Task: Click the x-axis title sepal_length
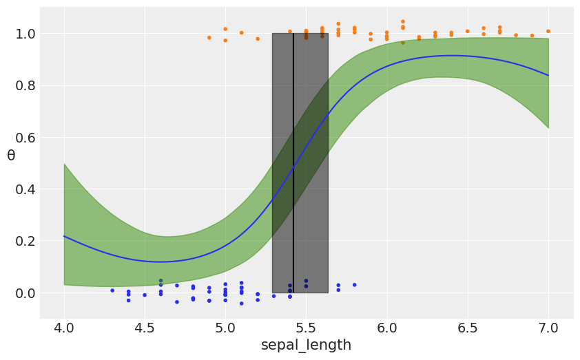click(306, 345)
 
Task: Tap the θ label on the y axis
click(11, 156)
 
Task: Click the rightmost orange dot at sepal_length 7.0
click(548, 31)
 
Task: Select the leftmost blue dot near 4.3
click(112, 290)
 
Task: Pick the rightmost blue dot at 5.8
click(355, 285)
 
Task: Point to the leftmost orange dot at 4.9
click(209, 38)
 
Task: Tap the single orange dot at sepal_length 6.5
click(467, 31)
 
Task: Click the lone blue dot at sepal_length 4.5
click(145, 295)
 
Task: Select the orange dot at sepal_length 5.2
click(258, 39)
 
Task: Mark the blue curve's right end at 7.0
click(548, 75)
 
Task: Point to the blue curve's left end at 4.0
click(64, 236)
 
